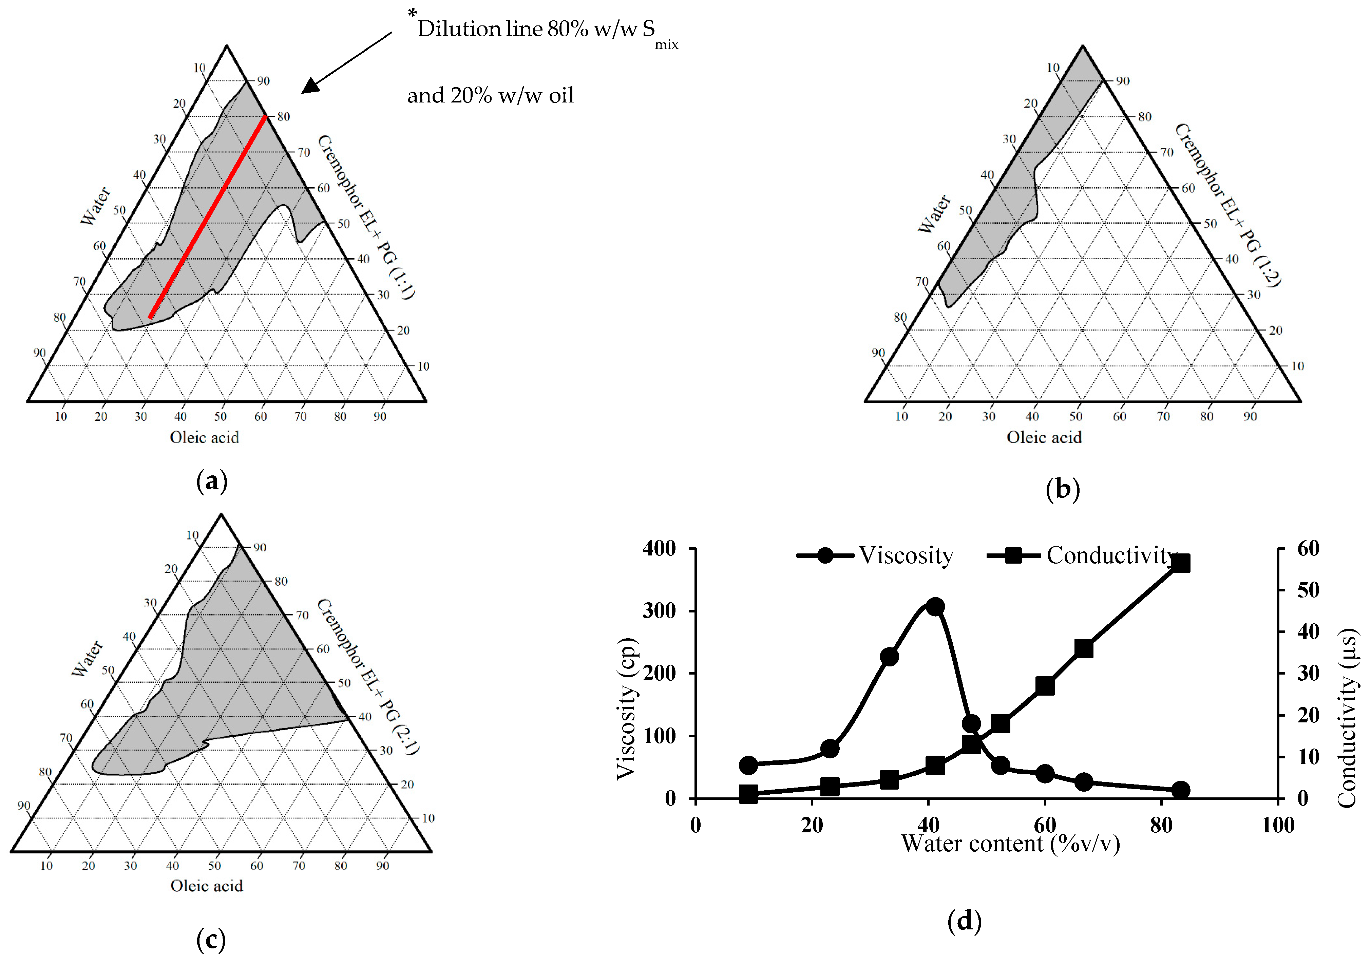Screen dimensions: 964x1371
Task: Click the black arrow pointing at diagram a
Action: [346, 63]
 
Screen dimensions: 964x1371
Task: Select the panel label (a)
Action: [211, 481]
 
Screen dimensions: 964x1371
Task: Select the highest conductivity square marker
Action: [1181, 563]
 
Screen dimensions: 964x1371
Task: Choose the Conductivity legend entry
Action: [1111, 555]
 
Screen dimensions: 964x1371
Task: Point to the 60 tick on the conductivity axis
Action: [1308, 548]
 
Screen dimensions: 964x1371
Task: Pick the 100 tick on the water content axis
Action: [1277, 825]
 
